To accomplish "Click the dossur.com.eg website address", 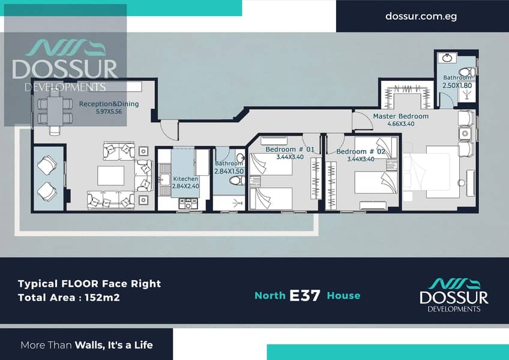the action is (421, 16).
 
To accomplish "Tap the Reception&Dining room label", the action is (109, 104).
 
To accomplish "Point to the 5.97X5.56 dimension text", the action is (109, 112).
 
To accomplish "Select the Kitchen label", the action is (185, 179).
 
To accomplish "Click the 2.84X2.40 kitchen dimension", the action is (185, 187).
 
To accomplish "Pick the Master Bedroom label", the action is (400, 116).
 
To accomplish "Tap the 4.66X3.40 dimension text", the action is (400, 124).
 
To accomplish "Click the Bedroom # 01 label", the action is (290, 149).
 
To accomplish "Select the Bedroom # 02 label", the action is (361, 152).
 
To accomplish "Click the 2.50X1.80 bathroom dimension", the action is (457, 85).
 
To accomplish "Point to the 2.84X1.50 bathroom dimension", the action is (229, 171).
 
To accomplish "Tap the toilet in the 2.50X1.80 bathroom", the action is (466, 72).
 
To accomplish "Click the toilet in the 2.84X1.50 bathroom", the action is (237, 181).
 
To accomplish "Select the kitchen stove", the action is (188, 204).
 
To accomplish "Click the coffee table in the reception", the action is (110, 176).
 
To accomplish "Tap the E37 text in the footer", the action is (305, 295).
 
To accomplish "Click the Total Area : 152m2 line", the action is (69, 298).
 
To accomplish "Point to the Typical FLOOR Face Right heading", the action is (89, 284).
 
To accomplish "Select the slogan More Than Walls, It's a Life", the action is (86, 345).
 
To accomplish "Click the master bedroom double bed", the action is (431, 172).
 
